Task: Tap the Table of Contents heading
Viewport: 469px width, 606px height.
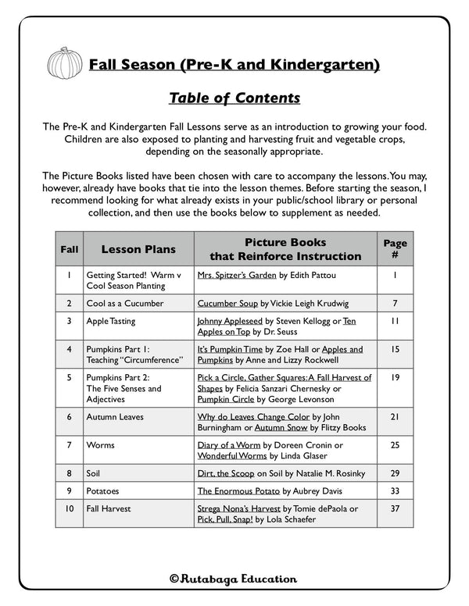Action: click(234, 98)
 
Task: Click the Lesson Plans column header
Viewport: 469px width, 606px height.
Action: click(138, 249)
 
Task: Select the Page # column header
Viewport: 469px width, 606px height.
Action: click(395, 249)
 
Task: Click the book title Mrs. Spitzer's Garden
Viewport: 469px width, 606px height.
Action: click(238, 275)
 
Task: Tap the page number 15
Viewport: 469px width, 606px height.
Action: click(395, 349)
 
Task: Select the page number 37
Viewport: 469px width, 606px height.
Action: click(395, 508)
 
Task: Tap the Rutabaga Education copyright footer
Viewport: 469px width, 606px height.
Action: click(234, 579)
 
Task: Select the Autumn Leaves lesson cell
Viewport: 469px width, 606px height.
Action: click(115, 417)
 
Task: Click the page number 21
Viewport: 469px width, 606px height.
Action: click(395, 417)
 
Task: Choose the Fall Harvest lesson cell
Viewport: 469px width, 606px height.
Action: click(109, 508)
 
